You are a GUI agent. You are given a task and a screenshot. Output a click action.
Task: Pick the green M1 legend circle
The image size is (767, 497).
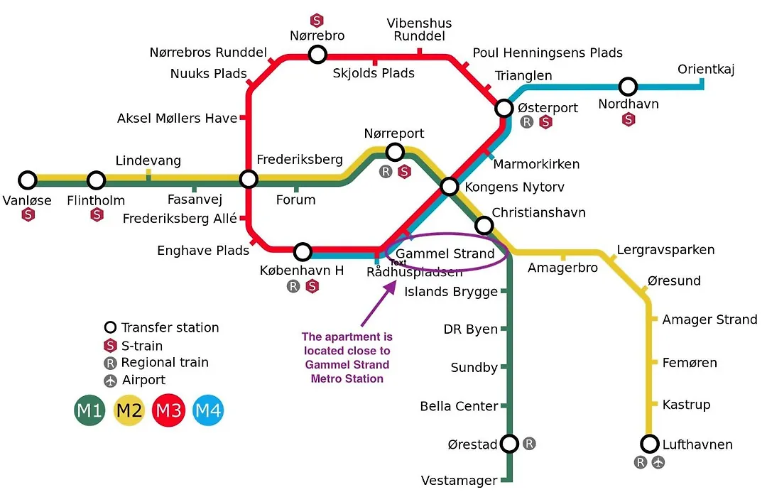tap(89, 410)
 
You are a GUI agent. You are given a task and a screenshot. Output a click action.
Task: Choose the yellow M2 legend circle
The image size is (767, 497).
tap(129, 410)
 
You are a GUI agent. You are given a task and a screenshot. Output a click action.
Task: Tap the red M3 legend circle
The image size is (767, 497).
tap(168, 410)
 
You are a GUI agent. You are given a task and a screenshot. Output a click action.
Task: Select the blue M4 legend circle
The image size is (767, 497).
tap(208, 410)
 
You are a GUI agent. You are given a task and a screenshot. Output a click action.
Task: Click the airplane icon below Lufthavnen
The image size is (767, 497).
tap(658, 461)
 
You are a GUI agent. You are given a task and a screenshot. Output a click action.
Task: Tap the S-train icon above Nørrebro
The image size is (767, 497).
tap(317, 21)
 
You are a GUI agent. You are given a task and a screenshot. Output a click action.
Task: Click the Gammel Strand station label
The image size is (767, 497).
tap(445, 253)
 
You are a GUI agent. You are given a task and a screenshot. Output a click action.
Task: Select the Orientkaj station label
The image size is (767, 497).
tap(706, 70)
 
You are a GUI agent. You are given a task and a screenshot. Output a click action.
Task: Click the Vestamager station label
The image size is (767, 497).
tap(459, 481)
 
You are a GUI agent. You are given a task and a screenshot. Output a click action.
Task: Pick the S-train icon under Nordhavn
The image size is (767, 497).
tap(629, 119)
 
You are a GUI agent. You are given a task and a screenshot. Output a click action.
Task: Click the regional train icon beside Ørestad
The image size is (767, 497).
tap(529, 444)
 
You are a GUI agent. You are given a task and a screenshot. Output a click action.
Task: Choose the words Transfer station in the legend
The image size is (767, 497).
tap(170, 327)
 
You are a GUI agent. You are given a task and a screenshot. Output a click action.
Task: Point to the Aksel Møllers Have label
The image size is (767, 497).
tap(177, 119)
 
